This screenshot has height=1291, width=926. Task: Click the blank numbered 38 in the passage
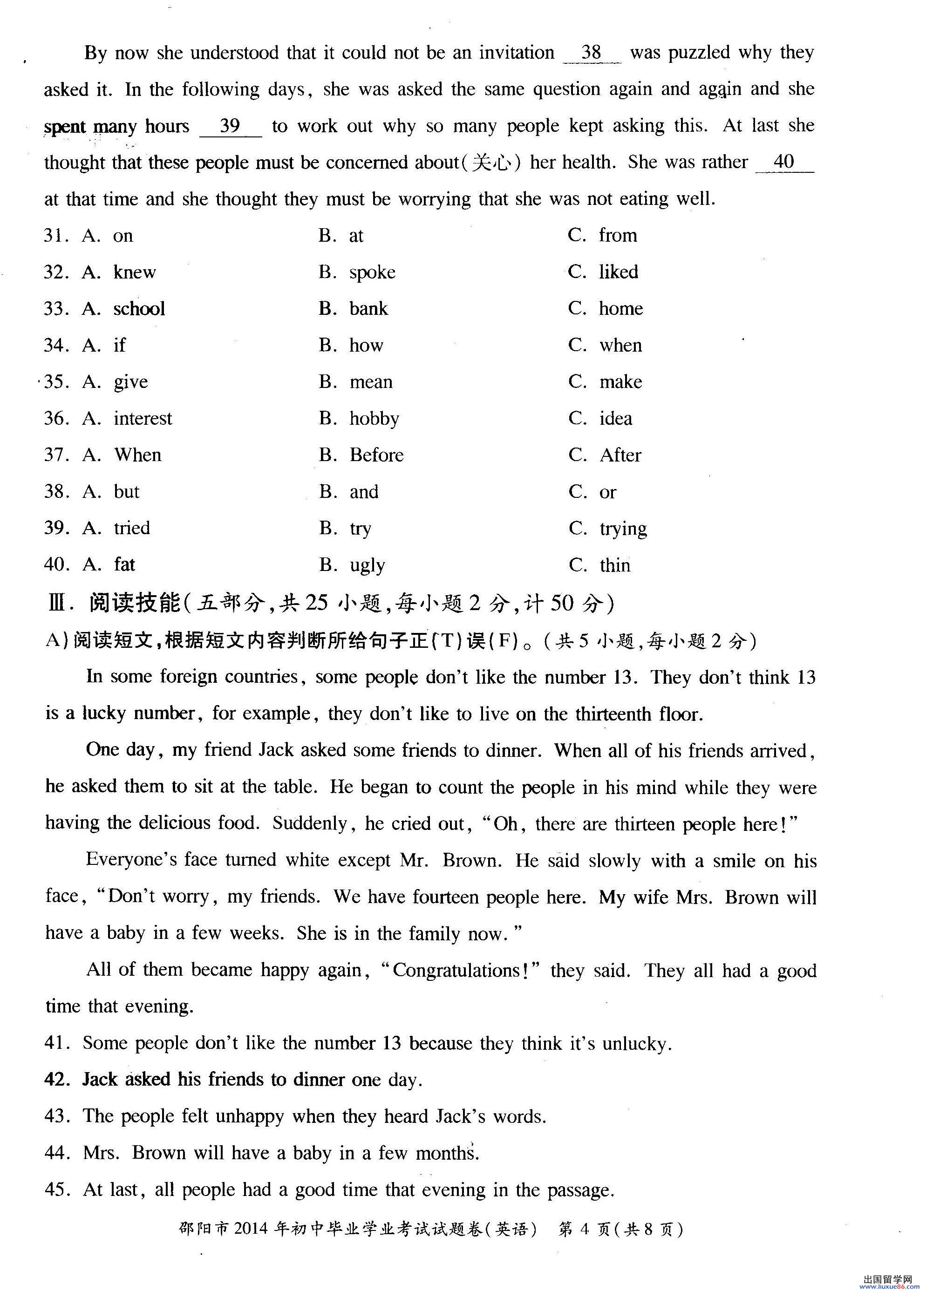tap(592, 53)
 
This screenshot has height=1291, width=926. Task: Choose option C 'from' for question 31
tap(618, 236)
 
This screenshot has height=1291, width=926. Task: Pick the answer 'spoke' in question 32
tap(372, 272)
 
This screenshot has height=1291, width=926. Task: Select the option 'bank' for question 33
tap(368, 309)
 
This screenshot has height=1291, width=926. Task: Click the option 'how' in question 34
tap(366, 346)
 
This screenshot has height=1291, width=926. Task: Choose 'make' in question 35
tap(620, 382)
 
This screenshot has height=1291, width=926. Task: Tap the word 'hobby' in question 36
tap(374, 420)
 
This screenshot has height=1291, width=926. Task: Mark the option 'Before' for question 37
tap(376, 455)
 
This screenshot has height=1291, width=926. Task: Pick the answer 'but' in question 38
tap(126, 492)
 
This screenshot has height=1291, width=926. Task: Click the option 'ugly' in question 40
tap(368, 566)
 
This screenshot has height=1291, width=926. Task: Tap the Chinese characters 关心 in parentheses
tap(490, 163)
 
